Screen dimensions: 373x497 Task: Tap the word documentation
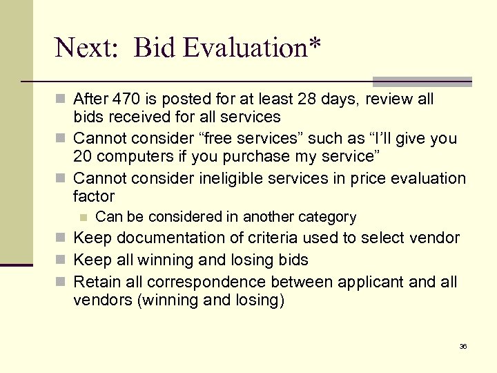(177, 238)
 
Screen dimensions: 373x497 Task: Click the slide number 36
(463, 346)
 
